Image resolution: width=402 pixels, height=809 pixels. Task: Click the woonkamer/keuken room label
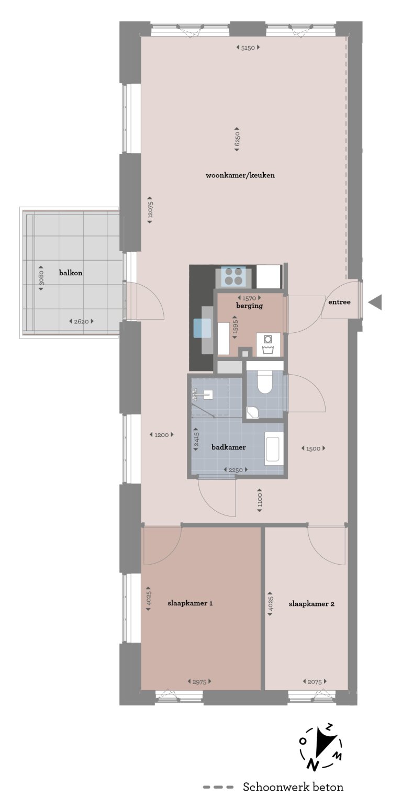(x=240, y=175)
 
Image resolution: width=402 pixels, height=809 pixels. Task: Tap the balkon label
(x=71, y=273)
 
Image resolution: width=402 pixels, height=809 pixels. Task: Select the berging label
(x=249, y=306)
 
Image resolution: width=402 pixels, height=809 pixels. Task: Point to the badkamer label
(x=228, y=447)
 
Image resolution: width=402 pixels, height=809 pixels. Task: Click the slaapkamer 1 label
(x=190, y=603)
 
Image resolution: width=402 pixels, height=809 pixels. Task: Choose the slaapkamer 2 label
(x=311, y=603)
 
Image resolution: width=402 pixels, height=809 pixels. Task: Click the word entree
(x=339, y=302)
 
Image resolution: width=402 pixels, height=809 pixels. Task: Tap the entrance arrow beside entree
(x=375, y=302)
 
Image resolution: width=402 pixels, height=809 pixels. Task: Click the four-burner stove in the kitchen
(x=233, y=275)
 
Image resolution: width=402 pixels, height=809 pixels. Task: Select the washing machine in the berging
(x=267, y=344)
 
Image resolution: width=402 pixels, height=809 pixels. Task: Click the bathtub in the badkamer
(x=273, y=448)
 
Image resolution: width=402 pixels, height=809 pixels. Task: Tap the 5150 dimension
(x=248, y=48)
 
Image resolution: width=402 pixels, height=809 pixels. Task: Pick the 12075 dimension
(x=150, y=209)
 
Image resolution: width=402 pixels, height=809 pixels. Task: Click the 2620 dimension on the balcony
(x=81, y=321)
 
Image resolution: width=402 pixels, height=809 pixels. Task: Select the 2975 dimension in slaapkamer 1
(x=199, y=681)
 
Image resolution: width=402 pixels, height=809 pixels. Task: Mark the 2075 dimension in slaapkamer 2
(x=314, y=681)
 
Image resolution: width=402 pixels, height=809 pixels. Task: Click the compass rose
(x=320, y=748)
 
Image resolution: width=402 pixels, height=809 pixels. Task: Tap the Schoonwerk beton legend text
(x=293, y=787)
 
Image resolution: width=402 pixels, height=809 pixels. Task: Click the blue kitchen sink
(x=202, y=328)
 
